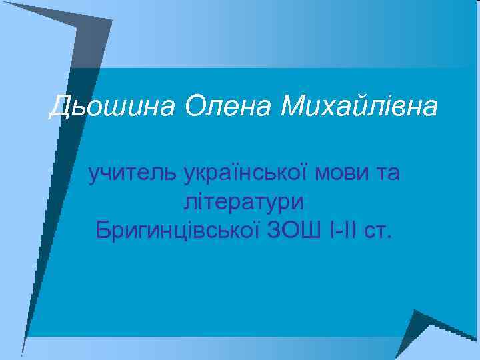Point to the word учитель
(x=132, y=173)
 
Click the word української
(x=244, y=173)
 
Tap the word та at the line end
(x=387, y=173)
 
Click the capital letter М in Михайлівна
(x=297, y=106)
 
